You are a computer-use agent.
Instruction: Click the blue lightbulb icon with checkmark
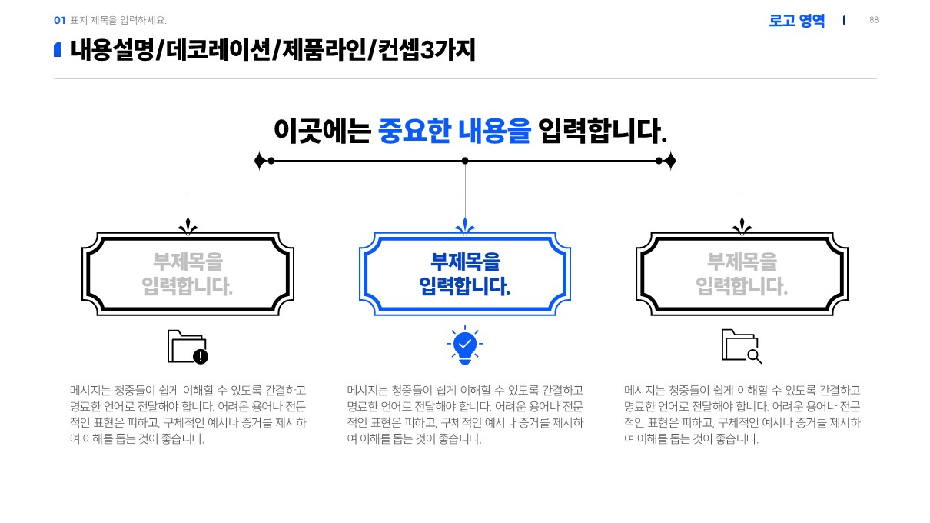[465, 346]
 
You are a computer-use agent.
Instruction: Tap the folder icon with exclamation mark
[188, 347]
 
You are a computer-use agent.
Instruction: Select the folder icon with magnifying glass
[742, 346]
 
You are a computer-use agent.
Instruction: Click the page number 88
[874, 20]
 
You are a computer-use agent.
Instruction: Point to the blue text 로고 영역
[796, 21]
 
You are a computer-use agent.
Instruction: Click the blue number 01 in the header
[59, 21]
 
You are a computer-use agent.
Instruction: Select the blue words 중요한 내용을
[454, 132]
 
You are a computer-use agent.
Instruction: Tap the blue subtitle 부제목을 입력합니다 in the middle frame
[465, 274]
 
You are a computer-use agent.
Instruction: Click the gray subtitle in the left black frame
[188, 274]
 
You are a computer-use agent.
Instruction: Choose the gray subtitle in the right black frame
[742, 274]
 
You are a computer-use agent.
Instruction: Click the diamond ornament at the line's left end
[261, 161]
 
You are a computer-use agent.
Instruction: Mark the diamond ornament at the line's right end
[669, 161]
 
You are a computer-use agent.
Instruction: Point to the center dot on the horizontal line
[465, 161]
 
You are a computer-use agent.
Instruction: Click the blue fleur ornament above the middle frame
[465, 227]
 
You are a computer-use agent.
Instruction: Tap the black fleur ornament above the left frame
[188, 227]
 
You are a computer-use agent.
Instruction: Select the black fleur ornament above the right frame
[742, 227]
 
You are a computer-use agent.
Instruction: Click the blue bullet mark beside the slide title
[57, 50]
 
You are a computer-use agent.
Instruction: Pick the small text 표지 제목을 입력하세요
[118, 21]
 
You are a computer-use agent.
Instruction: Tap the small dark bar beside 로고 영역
[844, 20]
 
